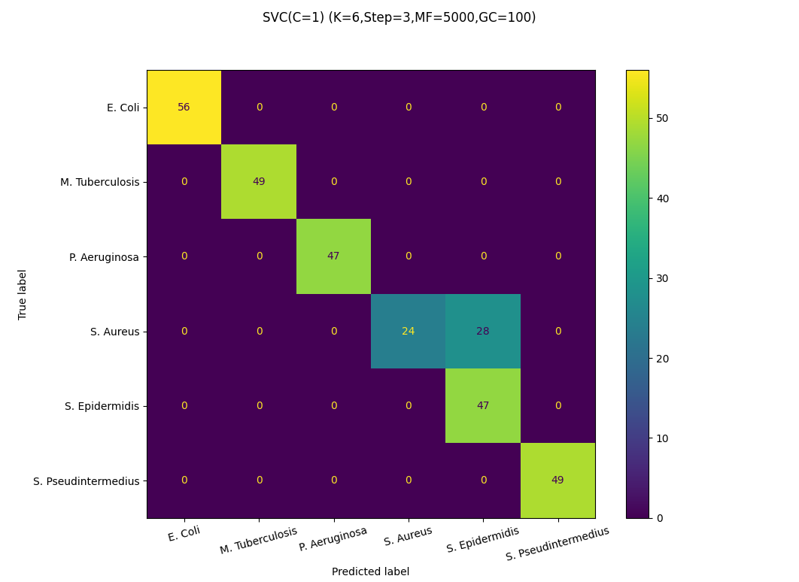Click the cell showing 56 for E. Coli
coord(184,108)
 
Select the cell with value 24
coord(408,332)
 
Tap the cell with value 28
coord(483,332)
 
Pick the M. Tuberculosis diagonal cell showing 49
coord(259,182)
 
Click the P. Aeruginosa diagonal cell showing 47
coord(333,256)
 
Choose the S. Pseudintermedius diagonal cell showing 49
coord(557,480)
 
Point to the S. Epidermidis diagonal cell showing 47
coord(483,406)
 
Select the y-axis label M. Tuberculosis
coord(99,182)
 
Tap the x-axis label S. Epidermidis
coord(483,540)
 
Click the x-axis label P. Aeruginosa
coord(333,539)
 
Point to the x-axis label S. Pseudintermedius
coord(557,544)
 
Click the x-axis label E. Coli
coord(184,533)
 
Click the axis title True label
coord(23,294)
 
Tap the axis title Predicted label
coord(371,571)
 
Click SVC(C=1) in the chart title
coord(293,17)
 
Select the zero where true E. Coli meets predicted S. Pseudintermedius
coord(557,108)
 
